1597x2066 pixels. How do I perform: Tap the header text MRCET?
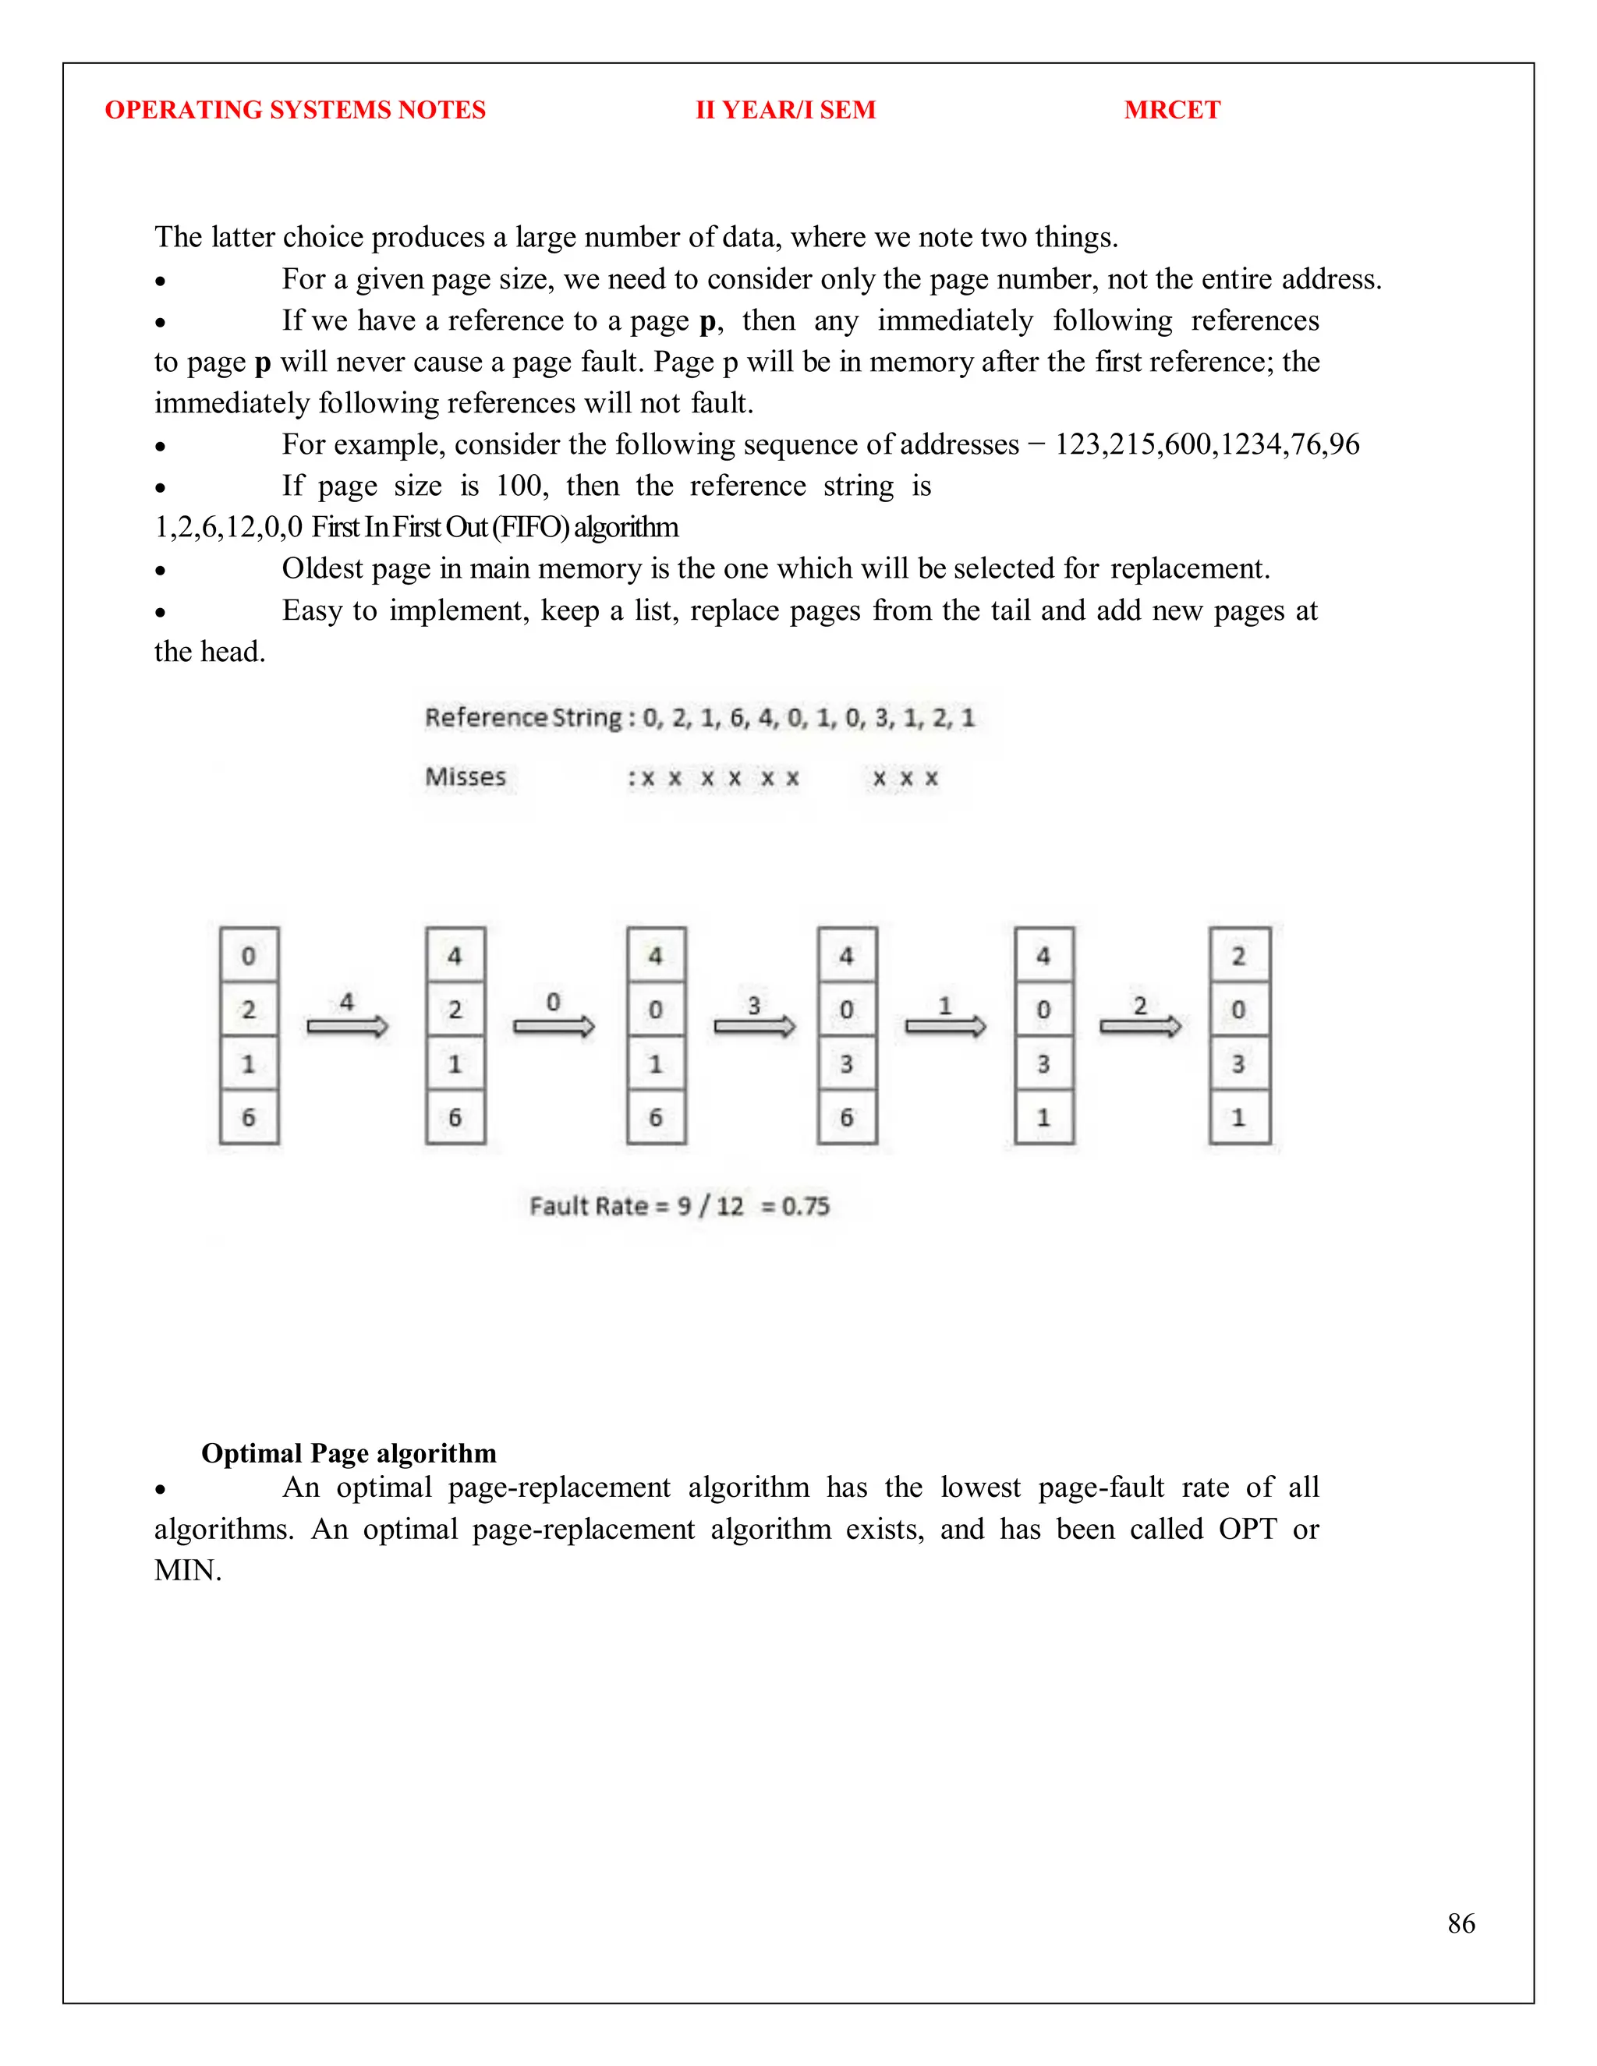tap(1171, 110)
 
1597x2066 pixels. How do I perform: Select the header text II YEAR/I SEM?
tap(785, 110)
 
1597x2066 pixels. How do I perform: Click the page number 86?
tap(1461, 1923)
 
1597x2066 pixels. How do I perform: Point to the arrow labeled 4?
tap(347, 1025)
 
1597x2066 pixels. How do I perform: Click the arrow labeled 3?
tap(754, 1025)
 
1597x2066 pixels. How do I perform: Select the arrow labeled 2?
tap(1140, 1025)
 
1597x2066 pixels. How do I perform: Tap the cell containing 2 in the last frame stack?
tap(1238, 956)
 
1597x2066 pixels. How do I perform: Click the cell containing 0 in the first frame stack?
tap(249, 956)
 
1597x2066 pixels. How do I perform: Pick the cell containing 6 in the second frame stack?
tap(455, 1117)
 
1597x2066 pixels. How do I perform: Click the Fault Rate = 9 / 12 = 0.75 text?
tap(679, 1206)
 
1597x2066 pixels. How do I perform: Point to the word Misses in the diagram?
tap(466, 777)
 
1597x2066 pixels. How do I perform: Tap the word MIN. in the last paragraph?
tap(188, 1570)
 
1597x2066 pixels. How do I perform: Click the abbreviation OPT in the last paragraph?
tap(1247, 1529)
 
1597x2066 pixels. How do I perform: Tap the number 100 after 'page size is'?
tap(519, 486)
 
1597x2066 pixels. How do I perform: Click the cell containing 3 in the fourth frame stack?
tap(847, 1064)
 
